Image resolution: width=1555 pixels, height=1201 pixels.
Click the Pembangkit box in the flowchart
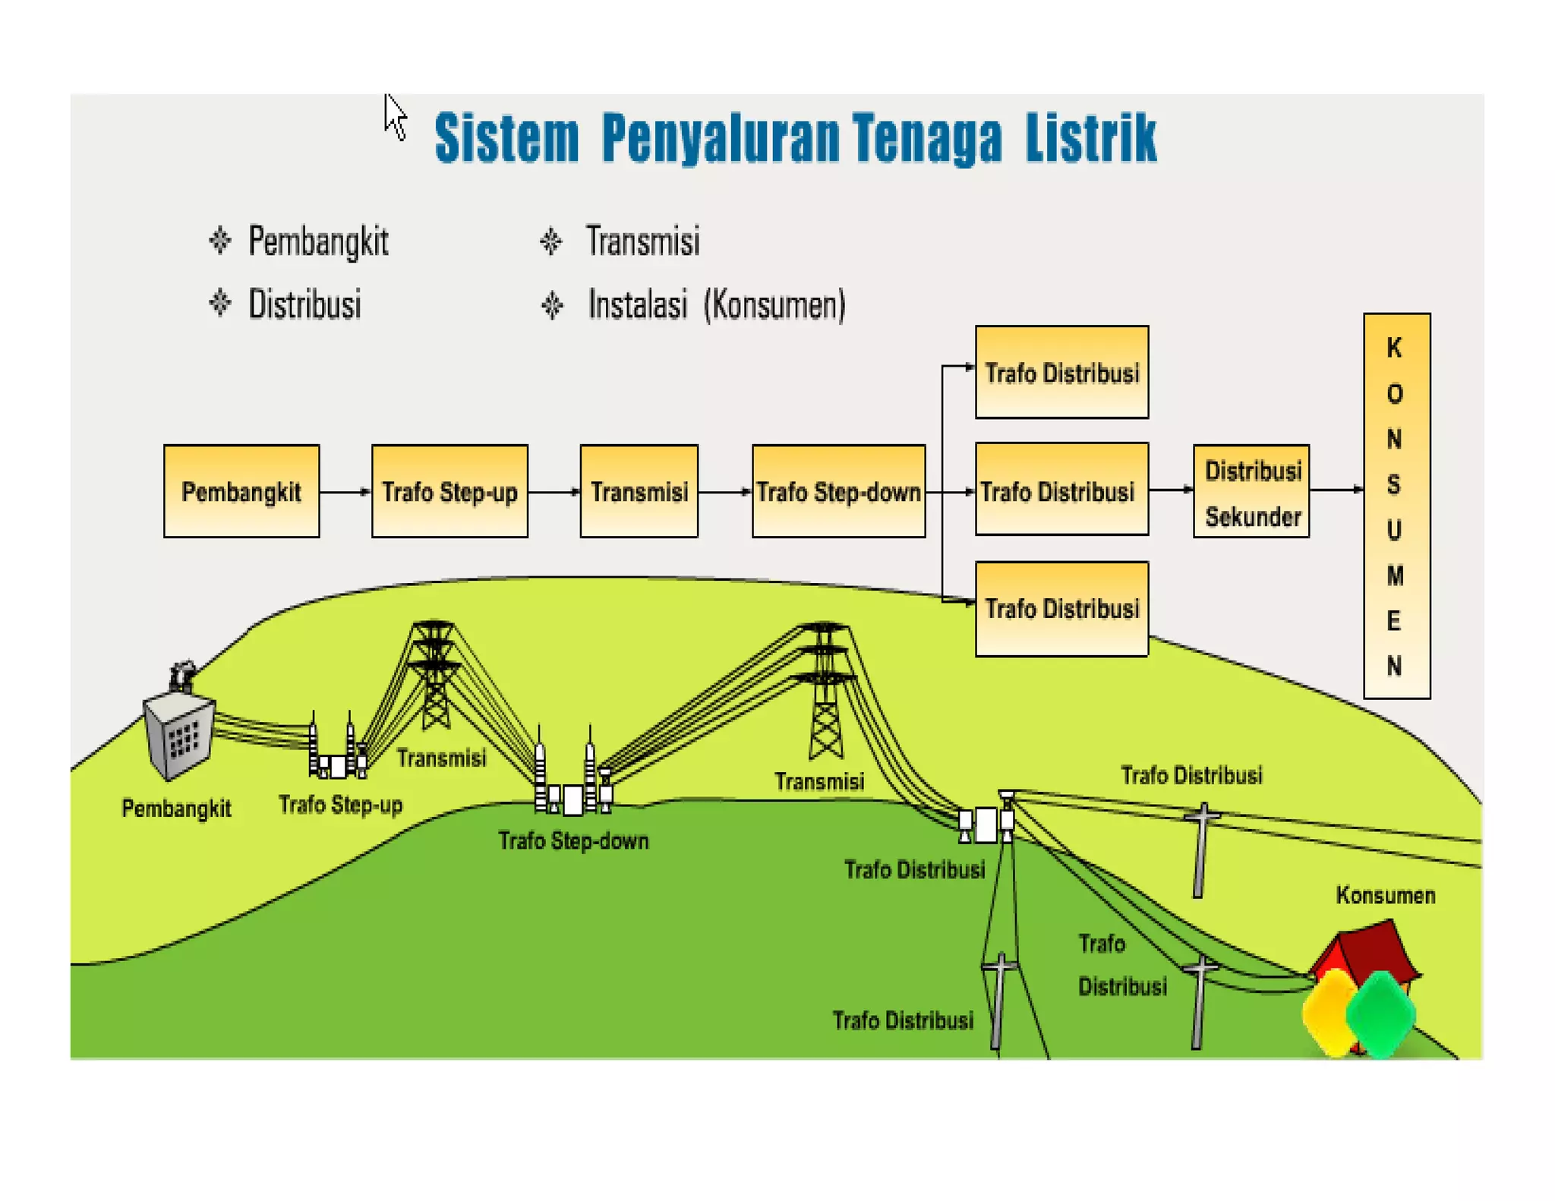pyautogui.click(x=241, y=491)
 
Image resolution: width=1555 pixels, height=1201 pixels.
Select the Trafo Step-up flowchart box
pyautogui.click(x=449, y=491)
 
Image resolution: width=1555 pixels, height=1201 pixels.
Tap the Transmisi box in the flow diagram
pyautogui.click(x=639, y=491)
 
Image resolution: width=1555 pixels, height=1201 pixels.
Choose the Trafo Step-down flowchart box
pyautogui.click(x=838, y=491)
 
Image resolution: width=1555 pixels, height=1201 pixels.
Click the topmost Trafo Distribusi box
pyautogui.click(x=1061, y=372)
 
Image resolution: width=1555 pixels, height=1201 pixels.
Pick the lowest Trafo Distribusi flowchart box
pyautogui.click(x=1061, y=609)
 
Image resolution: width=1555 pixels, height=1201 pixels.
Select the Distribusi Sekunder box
pyautogui.click(x=1251, y=492)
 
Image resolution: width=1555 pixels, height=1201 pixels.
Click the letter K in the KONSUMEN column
pyautogui.click(x=1395, y=348)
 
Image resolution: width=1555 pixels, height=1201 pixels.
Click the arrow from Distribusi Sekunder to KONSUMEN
pyautogui.click(x=1336, y=490)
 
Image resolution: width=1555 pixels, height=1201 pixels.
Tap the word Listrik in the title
pyautogui.click(x=1090, y=138)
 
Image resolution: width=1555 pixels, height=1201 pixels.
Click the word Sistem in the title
pyautogui.click(x=506, y=138)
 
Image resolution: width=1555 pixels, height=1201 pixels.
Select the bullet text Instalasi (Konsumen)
pyautogui.click(x=716, y=305)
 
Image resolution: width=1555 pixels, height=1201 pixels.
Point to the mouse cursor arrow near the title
pyautogui.click(x=395, y=117)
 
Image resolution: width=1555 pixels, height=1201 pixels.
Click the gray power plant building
pyautogui.click(x=179, y=733)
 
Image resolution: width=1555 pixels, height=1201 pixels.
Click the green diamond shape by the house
pyautogui.click(x=1380, y=1013)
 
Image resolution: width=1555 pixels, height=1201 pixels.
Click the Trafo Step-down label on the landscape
pyautogui.click(x=573, y=841)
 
